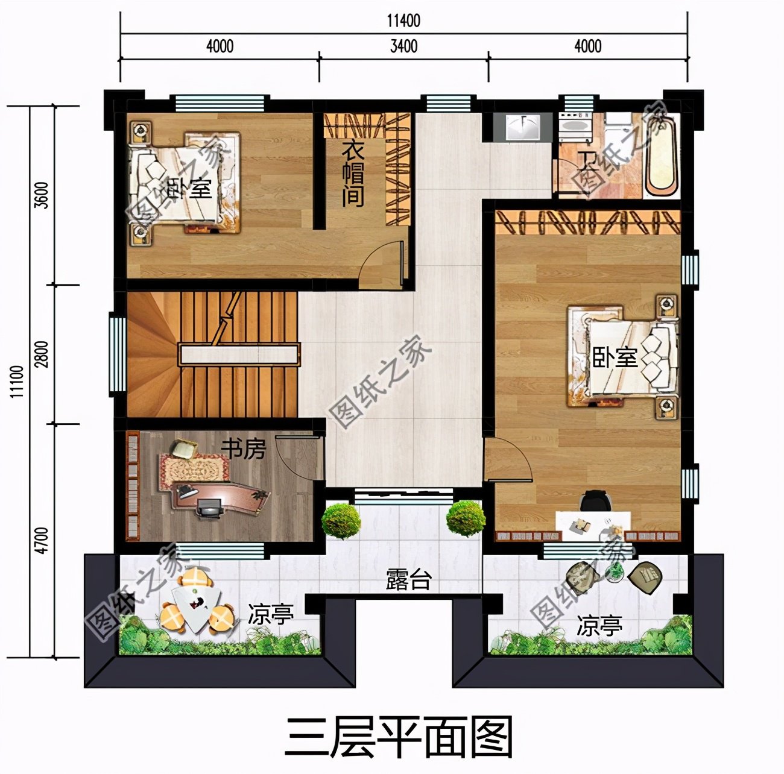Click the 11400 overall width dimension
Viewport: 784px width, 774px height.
click(x=403, y=21)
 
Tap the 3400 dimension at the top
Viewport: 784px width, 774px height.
click(x=403, y=46)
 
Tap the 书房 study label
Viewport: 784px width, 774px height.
click(x=243, y=448)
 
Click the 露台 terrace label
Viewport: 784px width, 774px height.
click(x=408, y=580)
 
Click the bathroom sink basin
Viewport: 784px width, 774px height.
click(x=522, y=127)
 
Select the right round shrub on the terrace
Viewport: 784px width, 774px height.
click(x=465, y=517)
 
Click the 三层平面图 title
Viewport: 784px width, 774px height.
click(x=399, y=737)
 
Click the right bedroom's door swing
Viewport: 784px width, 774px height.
click(x=508, y=461)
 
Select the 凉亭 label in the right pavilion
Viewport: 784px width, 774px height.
click(x=599, y=626)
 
